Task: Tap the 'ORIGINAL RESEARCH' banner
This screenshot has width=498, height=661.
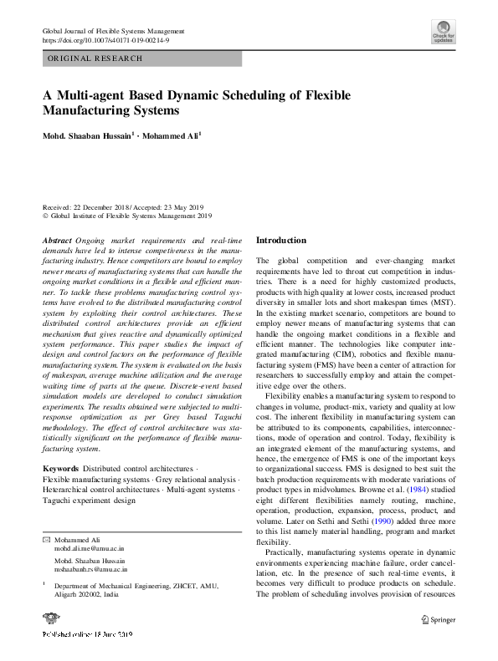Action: (x=95, y=58)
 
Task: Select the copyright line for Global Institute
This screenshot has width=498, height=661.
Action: (x=127, y=216)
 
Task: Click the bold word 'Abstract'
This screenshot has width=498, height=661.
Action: (x=57, y=241)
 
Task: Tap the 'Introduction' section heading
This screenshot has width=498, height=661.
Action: (x=281, y=241)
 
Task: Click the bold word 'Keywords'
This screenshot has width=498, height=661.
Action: (x=60, y=466)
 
